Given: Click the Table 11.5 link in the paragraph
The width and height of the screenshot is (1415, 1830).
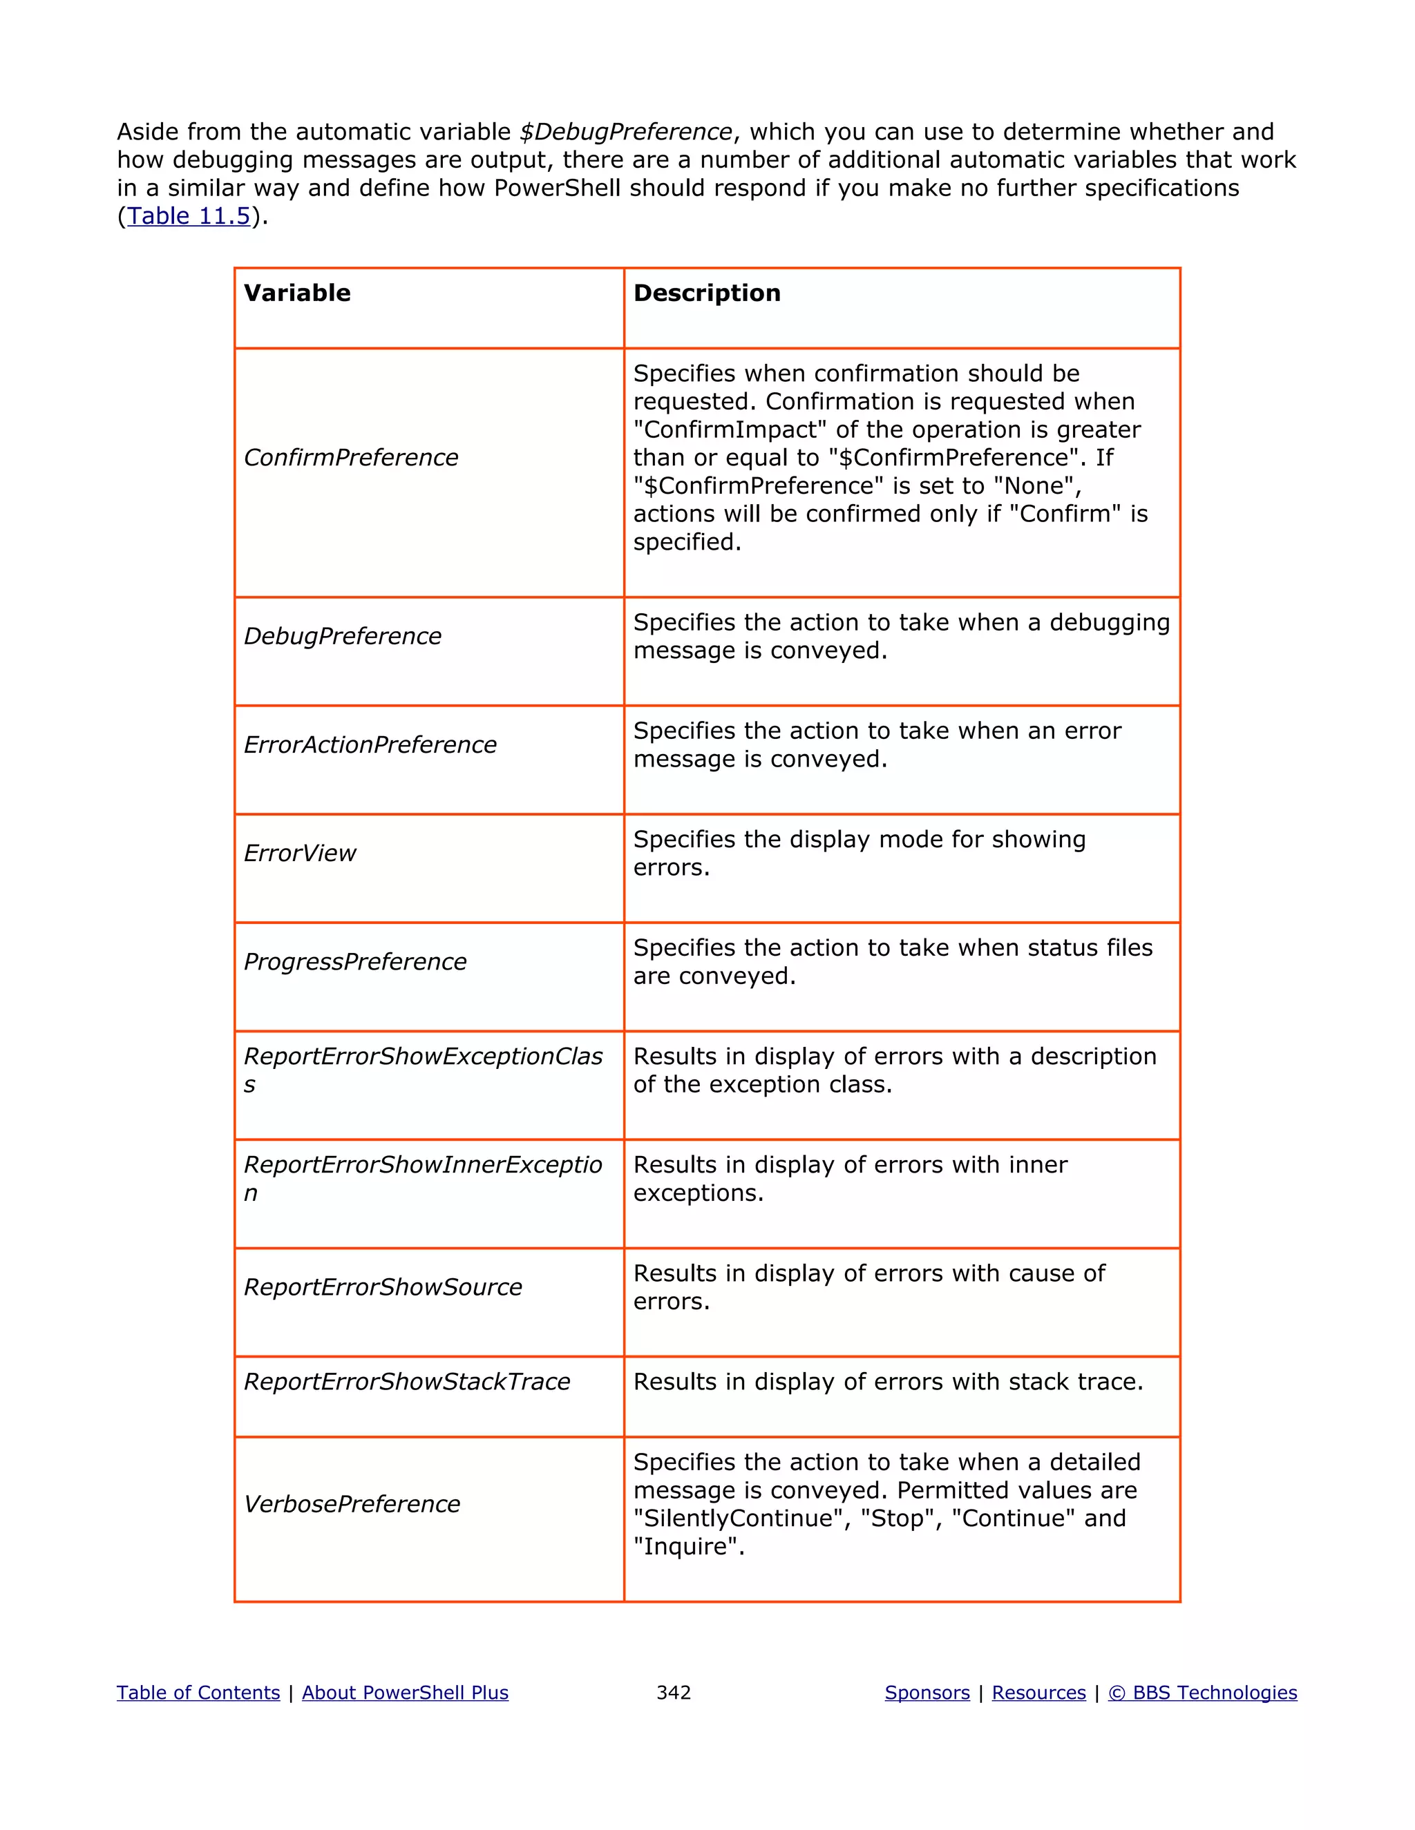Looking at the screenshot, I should pos(189,216).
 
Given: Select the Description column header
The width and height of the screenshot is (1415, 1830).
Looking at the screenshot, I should pos(707,293).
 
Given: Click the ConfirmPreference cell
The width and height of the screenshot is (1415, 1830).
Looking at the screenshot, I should pos(350,457).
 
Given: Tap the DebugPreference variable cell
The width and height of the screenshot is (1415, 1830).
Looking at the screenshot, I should pos(342,636).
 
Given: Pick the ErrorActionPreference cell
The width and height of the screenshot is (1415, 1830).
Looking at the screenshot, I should pos(370,745).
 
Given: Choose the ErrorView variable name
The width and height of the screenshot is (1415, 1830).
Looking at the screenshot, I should pos(299,853).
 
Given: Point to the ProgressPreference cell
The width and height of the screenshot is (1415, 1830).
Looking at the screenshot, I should pos(354,962).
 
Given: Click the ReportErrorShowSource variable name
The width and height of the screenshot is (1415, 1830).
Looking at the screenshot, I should pos(382,1287).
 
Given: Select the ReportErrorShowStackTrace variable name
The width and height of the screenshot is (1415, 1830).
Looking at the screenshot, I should pos(406,1382).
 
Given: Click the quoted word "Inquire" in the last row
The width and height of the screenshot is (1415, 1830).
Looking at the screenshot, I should pos(688,1547).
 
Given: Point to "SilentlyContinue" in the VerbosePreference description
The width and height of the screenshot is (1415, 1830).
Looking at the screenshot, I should pos(738,1519).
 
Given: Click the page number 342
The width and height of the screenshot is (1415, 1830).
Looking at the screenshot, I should pos(673,1693).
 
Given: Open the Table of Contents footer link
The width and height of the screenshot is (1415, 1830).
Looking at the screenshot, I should pos(198,1693).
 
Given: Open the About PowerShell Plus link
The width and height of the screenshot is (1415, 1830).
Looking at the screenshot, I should pos(405,1693).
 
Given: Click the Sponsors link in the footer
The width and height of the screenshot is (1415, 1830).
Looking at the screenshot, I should pos(927,1693).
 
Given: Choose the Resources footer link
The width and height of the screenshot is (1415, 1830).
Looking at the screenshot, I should pos(1038,1693).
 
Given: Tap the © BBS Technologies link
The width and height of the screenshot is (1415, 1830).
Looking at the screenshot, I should pos(1202,1693).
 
